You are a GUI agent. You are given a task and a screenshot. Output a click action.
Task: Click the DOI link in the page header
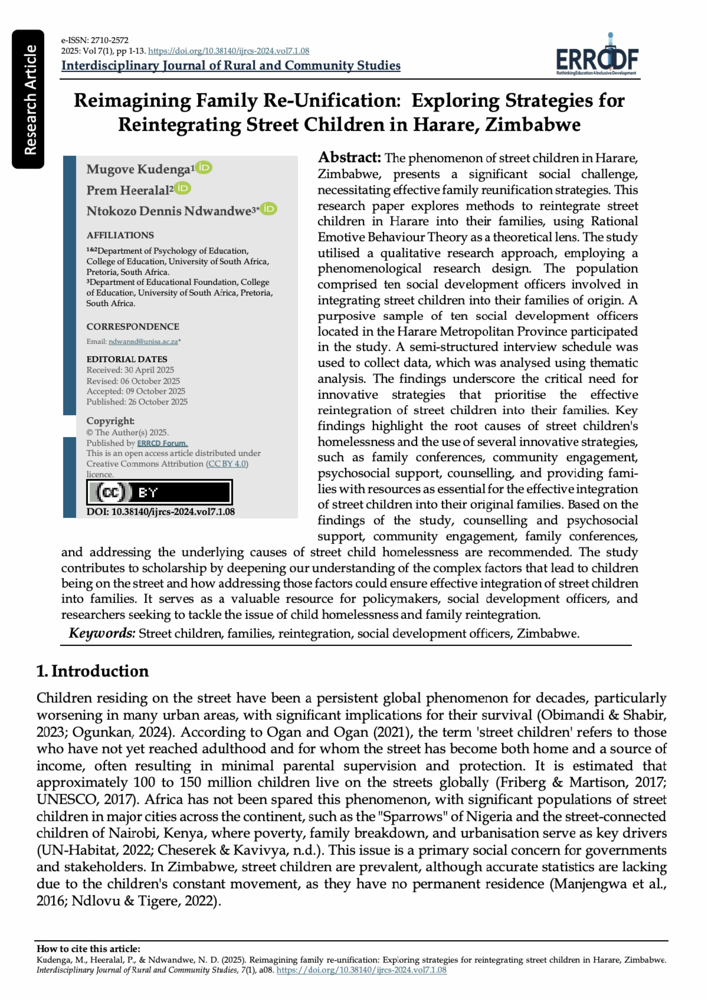pos(228,51)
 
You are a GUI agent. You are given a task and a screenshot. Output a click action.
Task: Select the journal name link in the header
pos(231,65)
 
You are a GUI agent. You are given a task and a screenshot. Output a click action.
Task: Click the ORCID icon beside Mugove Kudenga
pos(204,168)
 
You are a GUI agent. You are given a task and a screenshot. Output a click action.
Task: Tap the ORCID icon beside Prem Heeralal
pos(183,188)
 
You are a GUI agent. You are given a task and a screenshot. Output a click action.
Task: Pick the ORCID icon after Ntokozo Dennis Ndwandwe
pos(268,209)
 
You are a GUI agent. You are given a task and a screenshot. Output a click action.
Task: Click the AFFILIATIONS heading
pos(120,235)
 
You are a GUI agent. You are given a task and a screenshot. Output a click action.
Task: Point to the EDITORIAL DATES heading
pos(127,359)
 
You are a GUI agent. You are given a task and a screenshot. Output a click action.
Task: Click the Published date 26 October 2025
pos(137,402)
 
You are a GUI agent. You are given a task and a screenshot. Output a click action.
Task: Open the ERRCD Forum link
pos(162,443)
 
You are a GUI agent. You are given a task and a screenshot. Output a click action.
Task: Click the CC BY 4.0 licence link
pos(227,464)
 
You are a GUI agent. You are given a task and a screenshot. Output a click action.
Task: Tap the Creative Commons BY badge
pos(159,492)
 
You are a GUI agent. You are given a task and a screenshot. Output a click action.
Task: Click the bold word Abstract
pos(349,157)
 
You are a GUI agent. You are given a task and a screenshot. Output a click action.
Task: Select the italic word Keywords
pos(102,633)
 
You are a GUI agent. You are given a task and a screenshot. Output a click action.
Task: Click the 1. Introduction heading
pos(93,671)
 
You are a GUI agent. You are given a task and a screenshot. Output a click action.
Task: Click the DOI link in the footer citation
pos(361,970)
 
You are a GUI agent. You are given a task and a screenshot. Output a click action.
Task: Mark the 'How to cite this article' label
pos(88,949)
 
